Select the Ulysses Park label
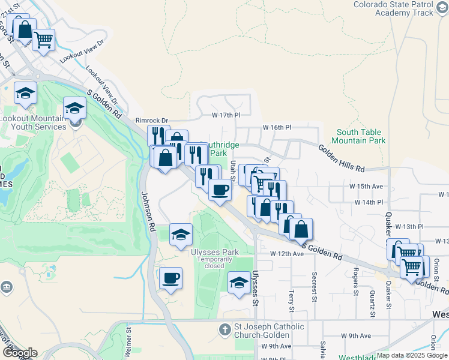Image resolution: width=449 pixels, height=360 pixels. pyautogui.click(x=215, y=252)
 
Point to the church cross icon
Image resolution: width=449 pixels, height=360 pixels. pyautogui.click(x=224, y=329)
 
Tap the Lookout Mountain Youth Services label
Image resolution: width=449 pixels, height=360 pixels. pyautogui.click(x=33, y=123)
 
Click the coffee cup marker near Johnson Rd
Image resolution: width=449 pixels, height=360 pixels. pyautogui.click(x=171, y=278)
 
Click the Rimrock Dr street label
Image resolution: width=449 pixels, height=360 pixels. pyautogui.click(x=152, y=120)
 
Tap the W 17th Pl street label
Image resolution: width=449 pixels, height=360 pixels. pyautogui.click(x=226, y=115)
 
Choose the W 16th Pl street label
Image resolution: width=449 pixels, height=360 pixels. pyautogui.click(x=277, y=128)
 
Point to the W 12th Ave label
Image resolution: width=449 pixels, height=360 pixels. pyautogui.click(x=286, y=254)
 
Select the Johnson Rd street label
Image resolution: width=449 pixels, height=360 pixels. pyautogui.click(x=148, y=211)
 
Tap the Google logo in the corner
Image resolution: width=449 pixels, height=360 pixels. pyautogui.click(x=20, y=353)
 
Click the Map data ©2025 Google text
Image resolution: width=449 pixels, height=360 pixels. pyautogui.click(x=412, y=355)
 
